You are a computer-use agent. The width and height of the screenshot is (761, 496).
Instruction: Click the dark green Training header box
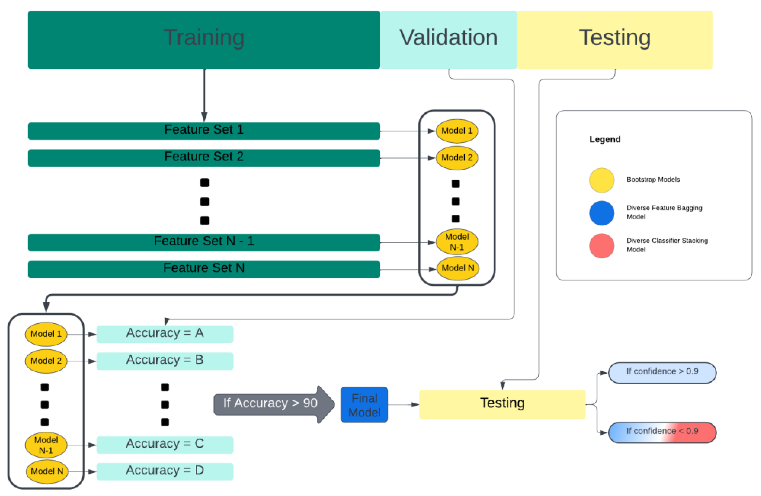tap(204, 39)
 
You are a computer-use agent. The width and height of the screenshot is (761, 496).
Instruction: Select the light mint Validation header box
tap(448, 39)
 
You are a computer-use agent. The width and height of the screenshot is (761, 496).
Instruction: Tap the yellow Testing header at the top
tap(614, 39)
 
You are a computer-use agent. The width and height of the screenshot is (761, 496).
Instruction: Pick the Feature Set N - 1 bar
tap(204, 242)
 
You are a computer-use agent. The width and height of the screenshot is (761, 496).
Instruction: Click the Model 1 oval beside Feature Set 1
tap(457, 131)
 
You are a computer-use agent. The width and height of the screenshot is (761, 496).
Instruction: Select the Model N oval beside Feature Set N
tap(458, 268)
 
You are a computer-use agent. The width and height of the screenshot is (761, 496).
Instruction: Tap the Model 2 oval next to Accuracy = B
tap(46, 361)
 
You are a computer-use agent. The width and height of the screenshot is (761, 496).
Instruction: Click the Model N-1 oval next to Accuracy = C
tap(46, 445)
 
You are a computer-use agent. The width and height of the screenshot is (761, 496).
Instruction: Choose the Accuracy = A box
tap(165, 334)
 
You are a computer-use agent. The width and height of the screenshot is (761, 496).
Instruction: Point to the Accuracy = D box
tap(165, 471)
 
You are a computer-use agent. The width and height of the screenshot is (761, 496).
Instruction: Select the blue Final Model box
tap(364, 404)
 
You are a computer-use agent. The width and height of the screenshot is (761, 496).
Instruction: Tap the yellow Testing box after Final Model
tap(502, 404)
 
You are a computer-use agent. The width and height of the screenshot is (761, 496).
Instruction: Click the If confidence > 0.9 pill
tap(662, 372)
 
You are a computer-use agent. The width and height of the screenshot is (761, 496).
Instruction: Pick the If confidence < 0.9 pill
tap(662, 432)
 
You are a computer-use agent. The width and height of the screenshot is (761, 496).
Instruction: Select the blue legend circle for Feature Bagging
tap(602, 213)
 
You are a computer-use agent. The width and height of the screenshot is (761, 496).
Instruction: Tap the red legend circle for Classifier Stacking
tap(602, 246)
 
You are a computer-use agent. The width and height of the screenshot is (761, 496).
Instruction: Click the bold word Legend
tap(605, 139)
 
